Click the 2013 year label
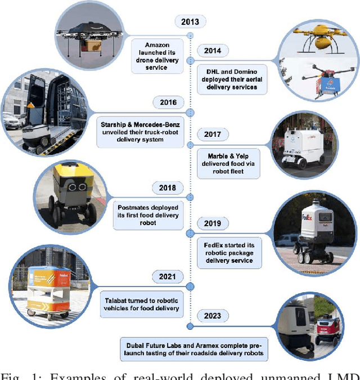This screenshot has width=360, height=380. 191,22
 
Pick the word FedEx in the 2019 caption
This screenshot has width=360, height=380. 217,245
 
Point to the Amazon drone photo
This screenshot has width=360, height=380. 90,35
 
